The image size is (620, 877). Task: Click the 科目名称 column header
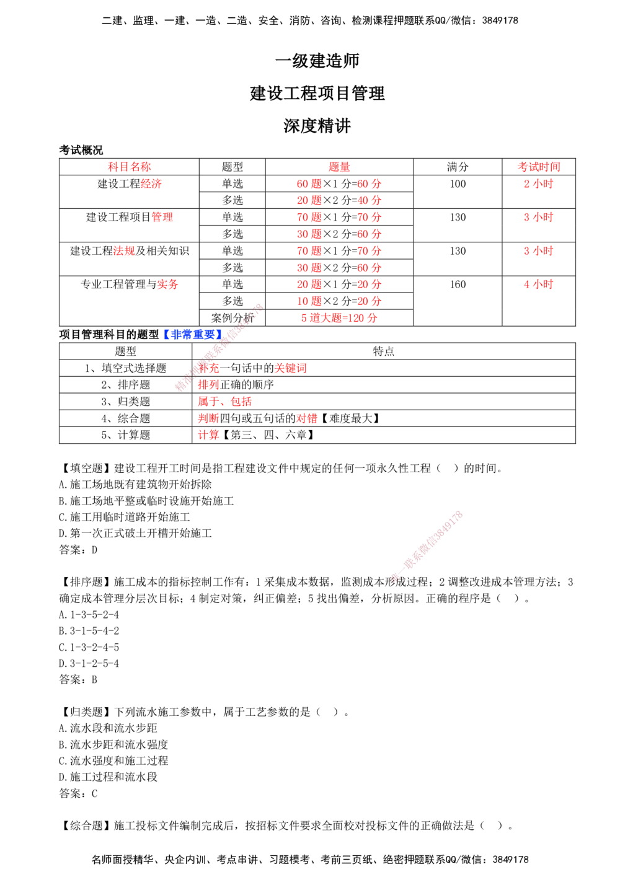point(129,167)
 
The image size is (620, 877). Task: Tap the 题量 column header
point(339,167)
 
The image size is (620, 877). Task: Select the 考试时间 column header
point(538,167)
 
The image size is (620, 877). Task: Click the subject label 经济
point(151,184)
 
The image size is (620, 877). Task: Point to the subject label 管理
point(162,217)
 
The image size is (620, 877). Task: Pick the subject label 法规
point(123,251)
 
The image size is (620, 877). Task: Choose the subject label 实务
point(167,284)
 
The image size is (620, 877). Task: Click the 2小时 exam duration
point(538,184)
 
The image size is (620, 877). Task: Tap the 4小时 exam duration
point(538,284)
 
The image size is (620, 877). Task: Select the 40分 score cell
point(369,201)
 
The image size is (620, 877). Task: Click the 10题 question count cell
point(309,301)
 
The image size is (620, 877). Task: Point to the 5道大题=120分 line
point(339,318)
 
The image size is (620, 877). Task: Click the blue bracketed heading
point(193,335)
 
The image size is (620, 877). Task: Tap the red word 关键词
point(290,369)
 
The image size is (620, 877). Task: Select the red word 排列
point(208,385)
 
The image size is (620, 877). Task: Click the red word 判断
point(208,418)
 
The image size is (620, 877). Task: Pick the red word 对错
point(307,418)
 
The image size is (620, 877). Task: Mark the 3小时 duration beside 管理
point(538,217)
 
